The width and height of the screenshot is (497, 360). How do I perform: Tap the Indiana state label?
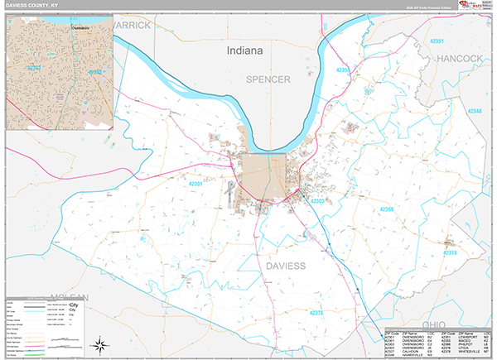pos(244,50)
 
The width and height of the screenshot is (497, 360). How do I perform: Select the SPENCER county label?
pos(268,79)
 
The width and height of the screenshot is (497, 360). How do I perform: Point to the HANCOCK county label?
pos(461,59)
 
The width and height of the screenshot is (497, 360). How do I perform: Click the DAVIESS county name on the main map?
pos(286,266)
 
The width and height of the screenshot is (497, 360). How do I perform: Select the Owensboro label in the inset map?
pos(77,26)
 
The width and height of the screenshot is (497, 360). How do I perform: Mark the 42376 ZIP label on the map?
pos(315,313)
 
